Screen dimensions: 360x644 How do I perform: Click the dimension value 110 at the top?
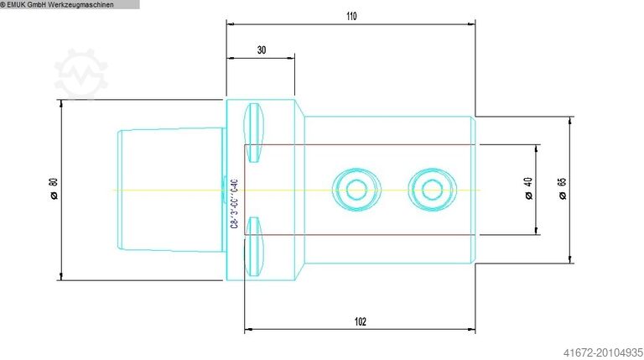351,17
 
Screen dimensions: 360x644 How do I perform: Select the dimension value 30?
261,50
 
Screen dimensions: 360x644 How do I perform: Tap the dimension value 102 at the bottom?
360,321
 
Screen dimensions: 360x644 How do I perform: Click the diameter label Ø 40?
527,190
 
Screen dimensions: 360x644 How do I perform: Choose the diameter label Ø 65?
562,190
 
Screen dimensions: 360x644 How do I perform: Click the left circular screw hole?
351,190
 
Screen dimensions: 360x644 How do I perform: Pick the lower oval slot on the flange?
254,254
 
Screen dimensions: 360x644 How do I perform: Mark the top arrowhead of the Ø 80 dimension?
61,103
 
